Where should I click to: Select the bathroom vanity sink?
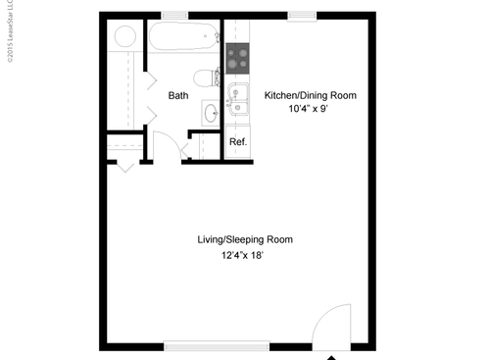212,111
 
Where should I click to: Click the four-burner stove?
237,60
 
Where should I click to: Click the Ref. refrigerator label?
237,142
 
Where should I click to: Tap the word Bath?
178,96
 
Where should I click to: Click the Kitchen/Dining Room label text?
310,95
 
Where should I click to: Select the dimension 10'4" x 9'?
310,111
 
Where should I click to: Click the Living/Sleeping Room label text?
244,239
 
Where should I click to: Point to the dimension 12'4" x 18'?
244,256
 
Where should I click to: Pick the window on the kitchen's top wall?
300,16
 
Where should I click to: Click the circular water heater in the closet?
125,37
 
